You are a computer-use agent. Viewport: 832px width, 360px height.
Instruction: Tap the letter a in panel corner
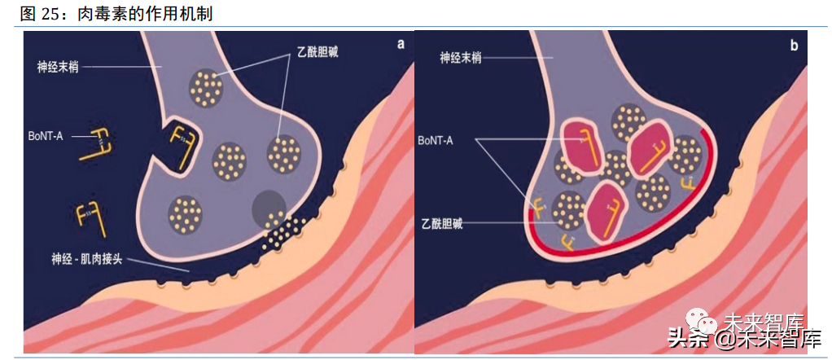pos(401,45)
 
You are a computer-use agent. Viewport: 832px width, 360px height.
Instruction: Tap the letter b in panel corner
pos(793,46)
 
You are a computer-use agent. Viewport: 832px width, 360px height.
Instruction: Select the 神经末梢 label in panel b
pos(462,58)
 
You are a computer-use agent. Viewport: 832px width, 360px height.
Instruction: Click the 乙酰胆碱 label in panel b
pos(442,223)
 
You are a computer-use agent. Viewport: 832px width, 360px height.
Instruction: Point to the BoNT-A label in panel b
pos(436,141)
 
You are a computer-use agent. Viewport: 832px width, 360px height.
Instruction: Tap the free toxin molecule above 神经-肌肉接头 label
pos(89,217)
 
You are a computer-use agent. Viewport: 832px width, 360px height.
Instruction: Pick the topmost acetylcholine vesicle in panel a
pos(206,86)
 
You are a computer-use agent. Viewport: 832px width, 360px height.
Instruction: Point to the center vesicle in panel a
pos(230,160)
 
